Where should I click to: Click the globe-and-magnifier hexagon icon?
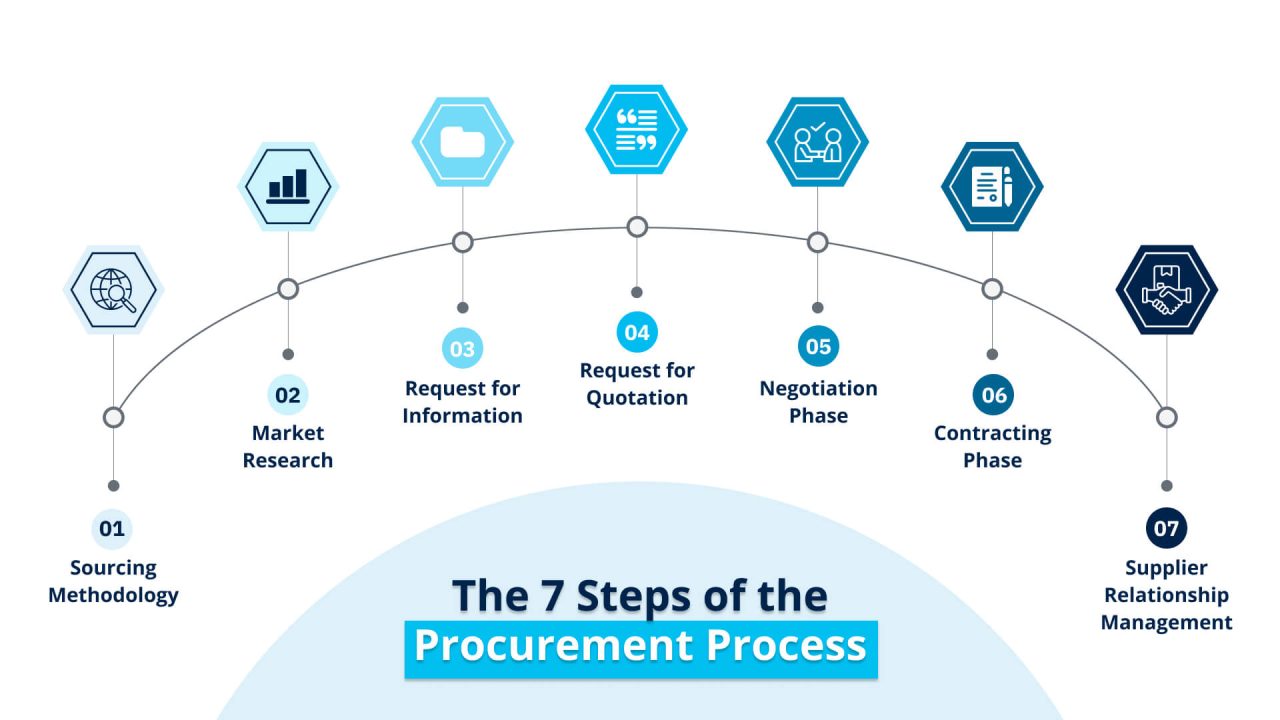click(113, 290)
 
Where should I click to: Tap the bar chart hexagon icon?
click(288, 186)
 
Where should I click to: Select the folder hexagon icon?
click(462, 142)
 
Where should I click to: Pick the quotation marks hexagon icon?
click(636, 130)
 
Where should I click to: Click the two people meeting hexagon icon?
click(817, 142)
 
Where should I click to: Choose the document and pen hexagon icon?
click(992, 186)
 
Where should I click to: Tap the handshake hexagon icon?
click(1166, 290)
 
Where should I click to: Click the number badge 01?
click(112, 528)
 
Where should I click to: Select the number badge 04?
click(637, 333)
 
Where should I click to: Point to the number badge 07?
click(1166, 528)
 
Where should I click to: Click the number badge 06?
click(993, 395)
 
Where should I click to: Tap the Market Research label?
click(288, 447)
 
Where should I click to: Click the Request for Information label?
click(462, 402)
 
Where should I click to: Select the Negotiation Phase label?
click(818, 402)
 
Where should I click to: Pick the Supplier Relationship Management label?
click(1166, 595)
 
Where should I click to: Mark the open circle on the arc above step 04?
click(637, 227)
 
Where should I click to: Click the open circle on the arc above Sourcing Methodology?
click(113, 417)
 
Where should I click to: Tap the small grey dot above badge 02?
click(288, 354)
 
